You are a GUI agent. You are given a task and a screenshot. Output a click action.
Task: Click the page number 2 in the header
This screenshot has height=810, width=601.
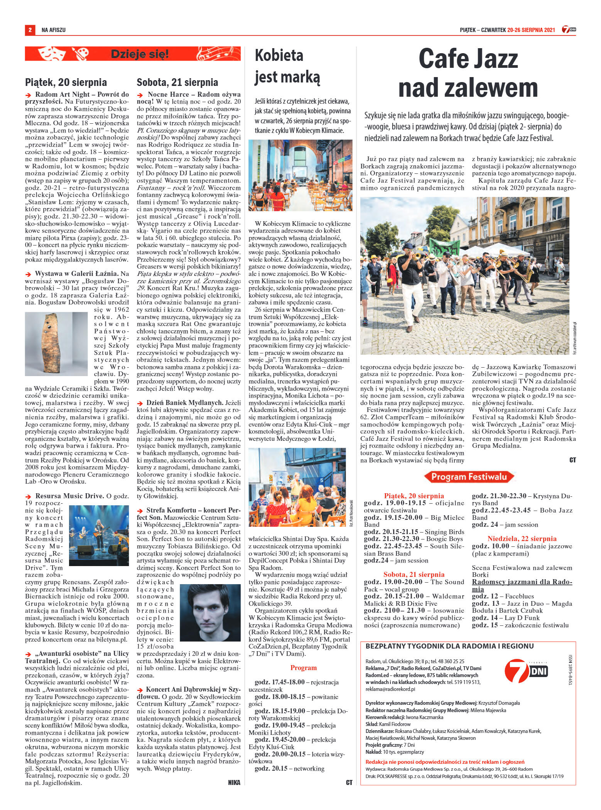point(29,30)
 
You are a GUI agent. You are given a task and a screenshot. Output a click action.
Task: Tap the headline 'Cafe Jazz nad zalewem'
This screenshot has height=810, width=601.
point(468,74)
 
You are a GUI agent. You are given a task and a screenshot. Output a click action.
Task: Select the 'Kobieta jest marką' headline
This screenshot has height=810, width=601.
point(287,67)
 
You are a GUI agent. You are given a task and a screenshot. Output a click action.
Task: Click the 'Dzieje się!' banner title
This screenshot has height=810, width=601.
point(140,54)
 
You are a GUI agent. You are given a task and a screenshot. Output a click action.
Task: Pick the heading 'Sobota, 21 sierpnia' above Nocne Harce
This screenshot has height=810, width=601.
point(177,82)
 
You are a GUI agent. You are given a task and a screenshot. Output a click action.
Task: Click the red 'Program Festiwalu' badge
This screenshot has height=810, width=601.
point(469,477)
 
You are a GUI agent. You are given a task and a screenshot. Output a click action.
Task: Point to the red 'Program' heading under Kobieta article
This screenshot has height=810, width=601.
point(303,668)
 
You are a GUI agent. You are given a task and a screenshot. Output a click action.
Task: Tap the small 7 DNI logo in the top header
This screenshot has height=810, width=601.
point(569,30)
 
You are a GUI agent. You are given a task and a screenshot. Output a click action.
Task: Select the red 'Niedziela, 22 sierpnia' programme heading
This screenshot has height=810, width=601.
point(522,539)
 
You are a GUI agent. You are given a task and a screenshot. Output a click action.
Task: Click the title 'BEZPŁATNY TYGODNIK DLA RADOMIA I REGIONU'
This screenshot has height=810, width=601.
point(449,646)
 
